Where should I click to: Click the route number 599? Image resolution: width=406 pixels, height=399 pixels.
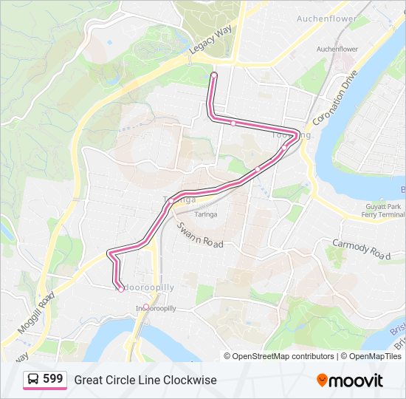(x=52, y=379)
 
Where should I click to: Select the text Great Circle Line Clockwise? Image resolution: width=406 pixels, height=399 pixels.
(x=145, y=380)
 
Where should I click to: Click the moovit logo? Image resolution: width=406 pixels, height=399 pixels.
(x=350, y=380)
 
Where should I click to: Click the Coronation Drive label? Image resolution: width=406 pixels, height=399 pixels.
(x=334, y=98)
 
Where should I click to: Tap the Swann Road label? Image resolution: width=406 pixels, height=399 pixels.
(x=200, y=235)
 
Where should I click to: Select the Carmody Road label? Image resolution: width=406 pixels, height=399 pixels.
(x=360, y=248)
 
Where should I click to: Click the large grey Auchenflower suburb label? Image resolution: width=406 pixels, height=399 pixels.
(x=326, y=18)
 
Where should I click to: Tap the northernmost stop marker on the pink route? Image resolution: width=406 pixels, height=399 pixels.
(x=213, y=75)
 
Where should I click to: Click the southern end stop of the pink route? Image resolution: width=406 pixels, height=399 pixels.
(x=121, y=289)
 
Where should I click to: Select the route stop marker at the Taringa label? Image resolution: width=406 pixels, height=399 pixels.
(x=171, y=200)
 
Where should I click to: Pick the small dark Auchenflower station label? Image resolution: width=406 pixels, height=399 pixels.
(x=337, y=49)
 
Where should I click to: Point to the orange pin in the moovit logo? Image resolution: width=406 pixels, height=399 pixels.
(x=322, y=380)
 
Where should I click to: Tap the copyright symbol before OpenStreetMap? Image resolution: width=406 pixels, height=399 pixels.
(x=227, y=356)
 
